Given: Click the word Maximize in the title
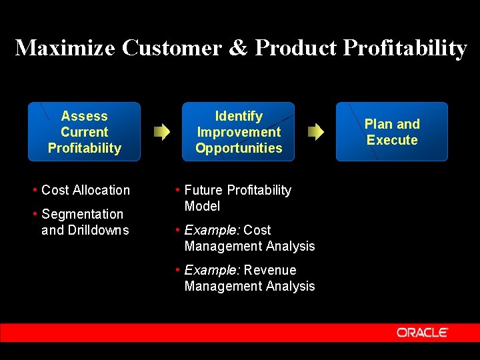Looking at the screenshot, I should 64,48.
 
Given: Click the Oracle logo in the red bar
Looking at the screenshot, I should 422,332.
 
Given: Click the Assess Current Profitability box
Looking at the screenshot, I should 84,131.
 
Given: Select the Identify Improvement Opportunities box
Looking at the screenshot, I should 239,131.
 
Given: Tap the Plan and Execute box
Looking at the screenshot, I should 391,131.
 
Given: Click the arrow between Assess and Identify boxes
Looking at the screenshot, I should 161,131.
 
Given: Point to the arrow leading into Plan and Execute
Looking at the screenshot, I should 315,131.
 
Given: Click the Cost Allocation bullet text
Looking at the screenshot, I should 85,190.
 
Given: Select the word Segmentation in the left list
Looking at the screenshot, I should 82,214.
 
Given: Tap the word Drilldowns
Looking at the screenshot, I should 97,230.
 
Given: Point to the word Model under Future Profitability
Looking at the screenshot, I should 202,206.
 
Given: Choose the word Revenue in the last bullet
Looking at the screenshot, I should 270,270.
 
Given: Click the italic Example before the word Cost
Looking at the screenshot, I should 212,230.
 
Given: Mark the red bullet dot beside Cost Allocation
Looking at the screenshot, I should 35,191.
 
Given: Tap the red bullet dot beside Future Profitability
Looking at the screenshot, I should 177,191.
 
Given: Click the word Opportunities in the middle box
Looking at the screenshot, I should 239,148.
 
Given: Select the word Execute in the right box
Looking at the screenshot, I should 392,140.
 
